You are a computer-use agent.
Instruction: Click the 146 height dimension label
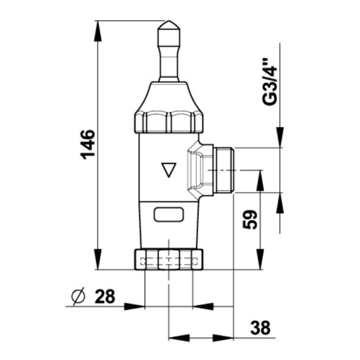pyautogui.click(x=87, y=145)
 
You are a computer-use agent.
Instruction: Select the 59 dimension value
pyautogui.click(x=250, y=219)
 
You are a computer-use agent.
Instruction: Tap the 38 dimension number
pyautogui.click(x=260, y=328)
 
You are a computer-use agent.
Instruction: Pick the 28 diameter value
pyautogui.click(x=104, y=296)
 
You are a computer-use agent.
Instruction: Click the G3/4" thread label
pyautogui.click(x=269, y=82)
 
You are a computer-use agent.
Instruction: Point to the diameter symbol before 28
pyautogui.click(x=78, y=296)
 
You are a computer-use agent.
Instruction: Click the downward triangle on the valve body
pyautogui.click(x=169, y=170)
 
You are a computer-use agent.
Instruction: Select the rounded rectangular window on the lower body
pyautogui.click(x=169, y=214)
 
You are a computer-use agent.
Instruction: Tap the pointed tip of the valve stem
pyautogui.click(x=169, y=21)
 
